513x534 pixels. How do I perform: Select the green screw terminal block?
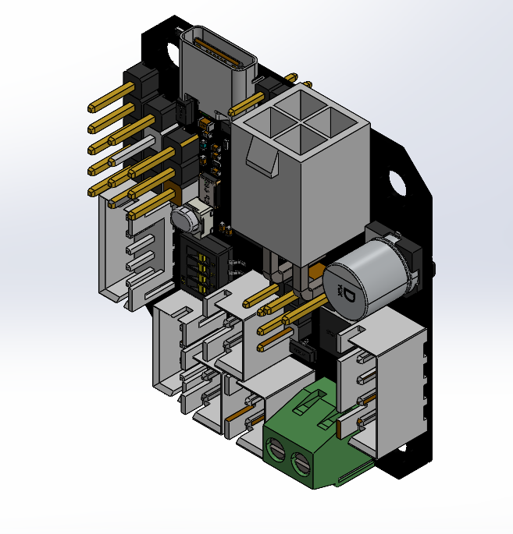pos(315,437)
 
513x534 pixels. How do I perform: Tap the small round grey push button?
pos(186,219)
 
